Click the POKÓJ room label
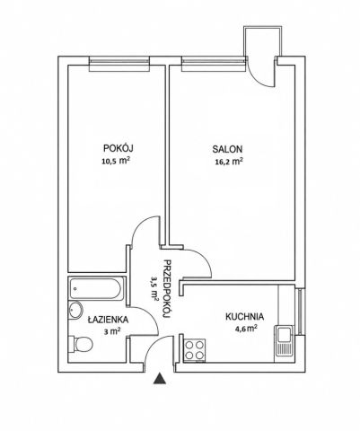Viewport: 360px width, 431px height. (x=118, y=147)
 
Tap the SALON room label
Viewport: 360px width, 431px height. (x=227, y=149)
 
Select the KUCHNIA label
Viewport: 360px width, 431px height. (x=244, y=316)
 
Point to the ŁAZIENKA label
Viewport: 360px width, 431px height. (x=108, y=319)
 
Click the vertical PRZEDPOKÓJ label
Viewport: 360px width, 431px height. (x=168, y=289)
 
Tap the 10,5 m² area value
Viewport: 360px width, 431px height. (x=116, y=162)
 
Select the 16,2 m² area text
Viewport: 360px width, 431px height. (x=228, y=162)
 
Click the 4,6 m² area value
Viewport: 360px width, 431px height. (x=246, y=329)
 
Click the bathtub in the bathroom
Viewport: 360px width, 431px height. (x=96, y=288)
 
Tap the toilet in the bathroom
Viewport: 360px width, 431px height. (x=81, y=344)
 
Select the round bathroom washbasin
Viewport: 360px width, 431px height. (x=75, y=310)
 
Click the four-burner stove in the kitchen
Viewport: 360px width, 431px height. (x=195, y=350)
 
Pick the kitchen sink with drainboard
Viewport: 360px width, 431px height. (x=284, y=340)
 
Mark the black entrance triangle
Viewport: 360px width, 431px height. (x=160, y=378)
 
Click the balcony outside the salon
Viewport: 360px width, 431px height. (x=263, y=41)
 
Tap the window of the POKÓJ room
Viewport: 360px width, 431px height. (x=119, y=64)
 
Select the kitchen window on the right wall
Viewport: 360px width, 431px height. (x=301, y=312)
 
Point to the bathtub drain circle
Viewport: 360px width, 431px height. (x=75, y=289)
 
